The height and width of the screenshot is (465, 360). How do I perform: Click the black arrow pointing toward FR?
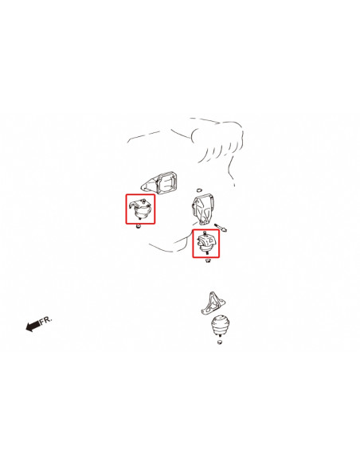[x=33, y=326]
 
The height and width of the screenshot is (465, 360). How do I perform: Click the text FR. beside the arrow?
[x=46, y=320]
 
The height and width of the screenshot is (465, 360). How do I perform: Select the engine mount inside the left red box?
[x=140, y=209]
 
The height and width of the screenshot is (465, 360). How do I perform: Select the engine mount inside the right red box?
[x=206, y=243]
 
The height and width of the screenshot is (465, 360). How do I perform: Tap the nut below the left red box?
[x=138, y=227]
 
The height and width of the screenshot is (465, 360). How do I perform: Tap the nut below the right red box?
[x=208, y=260]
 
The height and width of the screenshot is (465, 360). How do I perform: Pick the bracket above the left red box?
[x=160, y=183]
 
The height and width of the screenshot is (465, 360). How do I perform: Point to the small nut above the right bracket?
[x=199, y=189]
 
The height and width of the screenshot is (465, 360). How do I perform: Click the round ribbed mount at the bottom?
[x=221, y=324]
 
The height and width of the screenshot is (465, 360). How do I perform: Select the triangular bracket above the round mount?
[x=213, y=303]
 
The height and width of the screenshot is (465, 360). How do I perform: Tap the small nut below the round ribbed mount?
[x=220, y=342]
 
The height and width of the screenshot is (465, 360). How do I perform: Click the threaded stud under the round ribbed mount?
[x=220, y=335]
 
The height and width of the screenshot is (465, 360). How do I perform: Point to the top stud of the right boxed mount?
[x=205, y=232]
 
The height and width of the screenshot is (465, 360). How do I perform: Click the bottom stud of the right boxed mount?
[x=207, y=253]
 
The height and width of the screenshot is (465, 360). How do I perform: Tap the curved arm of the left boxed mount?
[x=135, y=204]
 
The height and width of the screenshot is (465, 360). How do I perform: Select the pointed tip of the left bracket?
[x=142, y=187]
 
